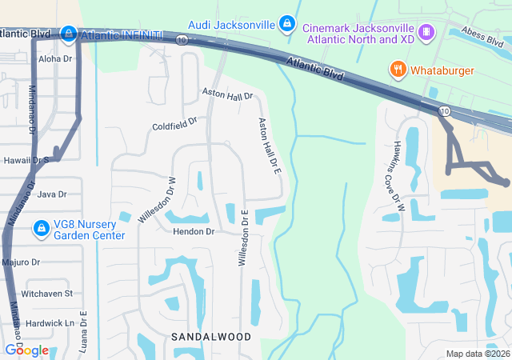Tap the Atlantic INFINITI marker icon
[x=69, y=34]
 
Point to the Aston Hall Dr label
[x=226, y=95]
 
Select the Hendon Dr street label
[x=194, y=231]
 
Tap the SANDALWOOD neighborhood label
[x=211, y=337]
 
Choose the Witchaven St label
[x=46, y=294]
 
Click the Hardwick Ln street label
[x=49, y=323]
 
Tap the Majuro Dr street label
[x=21, y=262]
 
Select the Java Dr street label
[x=51, y=194]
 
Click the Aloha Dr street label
[x=55, y=59]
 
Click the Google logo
[x=26, y=350]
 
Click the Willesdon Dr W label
[x=156, y=198]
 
